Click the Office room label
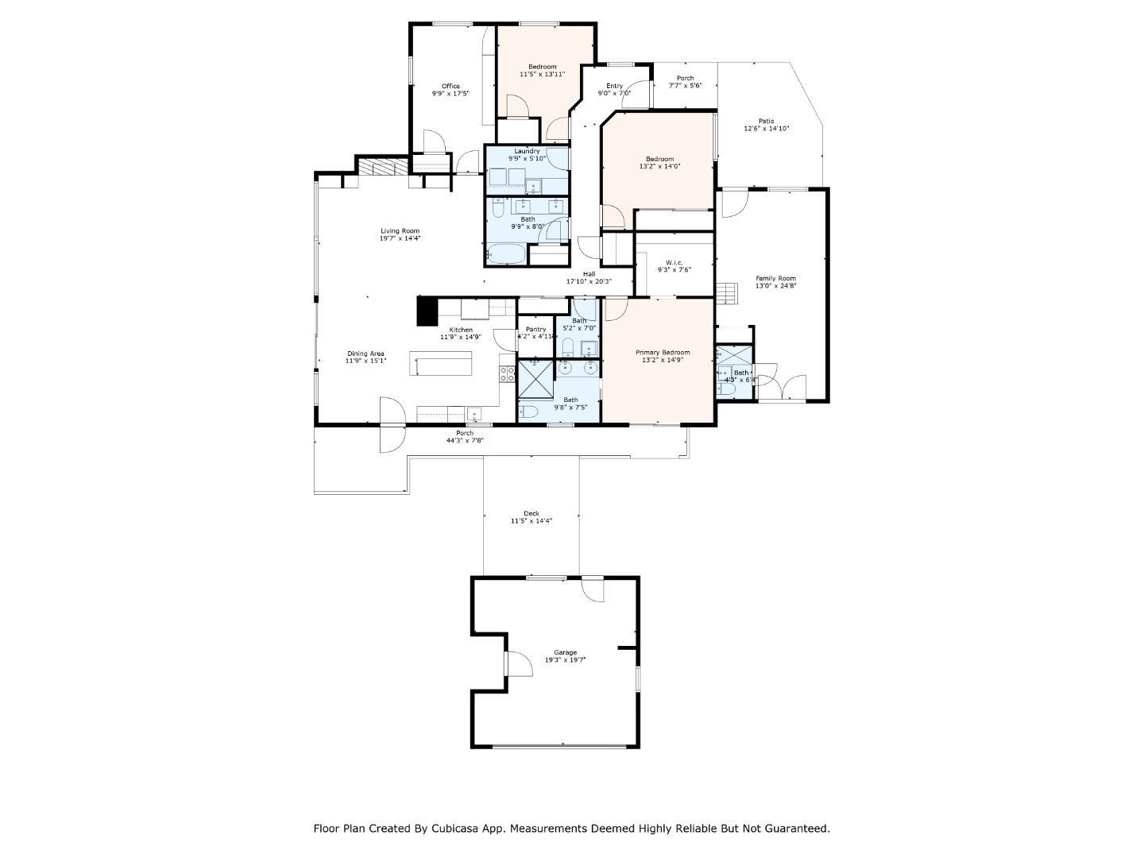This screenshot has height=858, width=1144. coord(450,86)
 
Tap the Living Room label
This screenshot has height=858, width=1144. coord(400,231)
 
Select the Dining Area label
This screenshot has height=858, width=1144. coord(365,354)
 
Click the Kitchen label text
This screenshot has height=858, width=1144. coord(461,330)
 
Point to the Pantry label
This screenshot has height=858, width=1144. coord(535,329)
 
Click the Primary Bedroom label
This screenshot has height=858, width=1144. coord(663,353)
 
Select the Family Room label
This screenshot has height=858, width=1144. coord(775,278)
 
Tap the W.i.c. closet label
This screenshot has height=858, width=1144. coord(674,262)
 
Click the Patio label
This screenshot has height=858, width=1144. coord(766,122)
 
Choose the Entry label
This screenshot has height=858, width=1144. coord(614,86)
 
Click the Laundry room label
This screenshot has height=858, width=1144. coord(527,151)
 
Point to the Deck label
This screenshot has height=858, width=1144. coord(531,513)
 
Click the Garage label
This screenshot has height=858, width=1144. coord(566,652)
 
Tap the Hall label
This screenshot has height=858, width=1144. coord(589,274)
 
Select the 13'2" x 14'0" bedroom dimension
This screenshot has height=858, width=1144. coord(659,167)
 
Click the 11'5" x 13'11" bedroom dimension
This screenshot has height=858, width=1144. coord(543,74)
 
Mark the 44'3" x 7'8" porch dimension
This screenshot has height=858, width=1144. coord(465,440)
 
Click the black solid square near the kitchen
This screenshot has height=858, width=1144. coord(427,311)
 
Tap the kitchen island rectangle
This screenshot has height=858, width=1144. coord(441,365)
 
